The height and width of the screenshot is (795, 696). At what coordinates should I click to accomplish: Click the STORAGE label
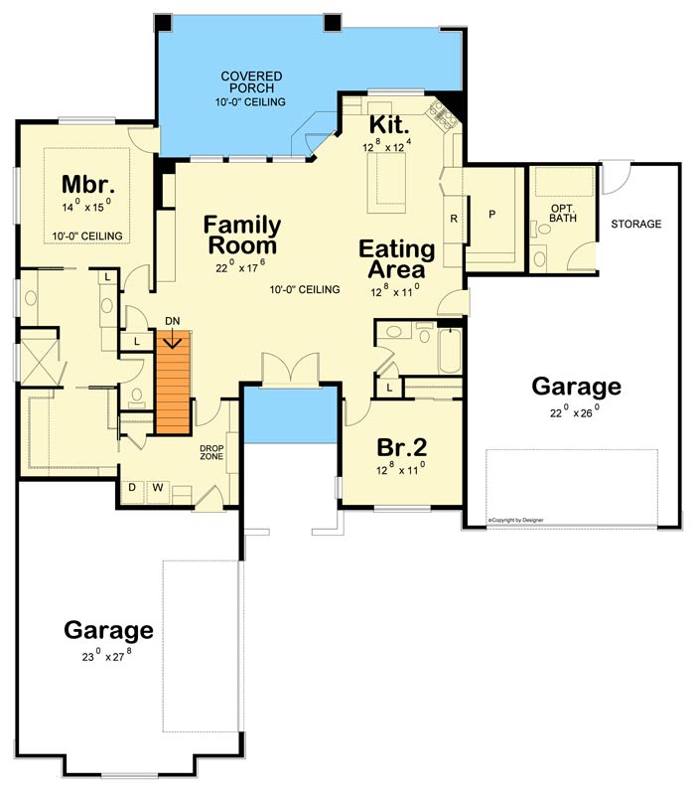click(x=635, y=225)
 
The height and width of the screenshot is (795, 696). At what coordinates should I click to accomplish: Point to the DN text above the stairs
click(x=173, y=320)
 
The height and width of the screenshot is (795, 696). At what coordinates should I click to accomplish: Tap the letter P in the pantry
click(x=490, y=215)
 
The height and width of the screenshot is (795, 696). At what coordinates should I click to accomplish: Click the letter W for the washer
click(x=156, y=488)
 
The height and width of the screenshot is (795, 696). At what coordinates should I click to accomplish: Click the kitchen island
click(x=386, y=183)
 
